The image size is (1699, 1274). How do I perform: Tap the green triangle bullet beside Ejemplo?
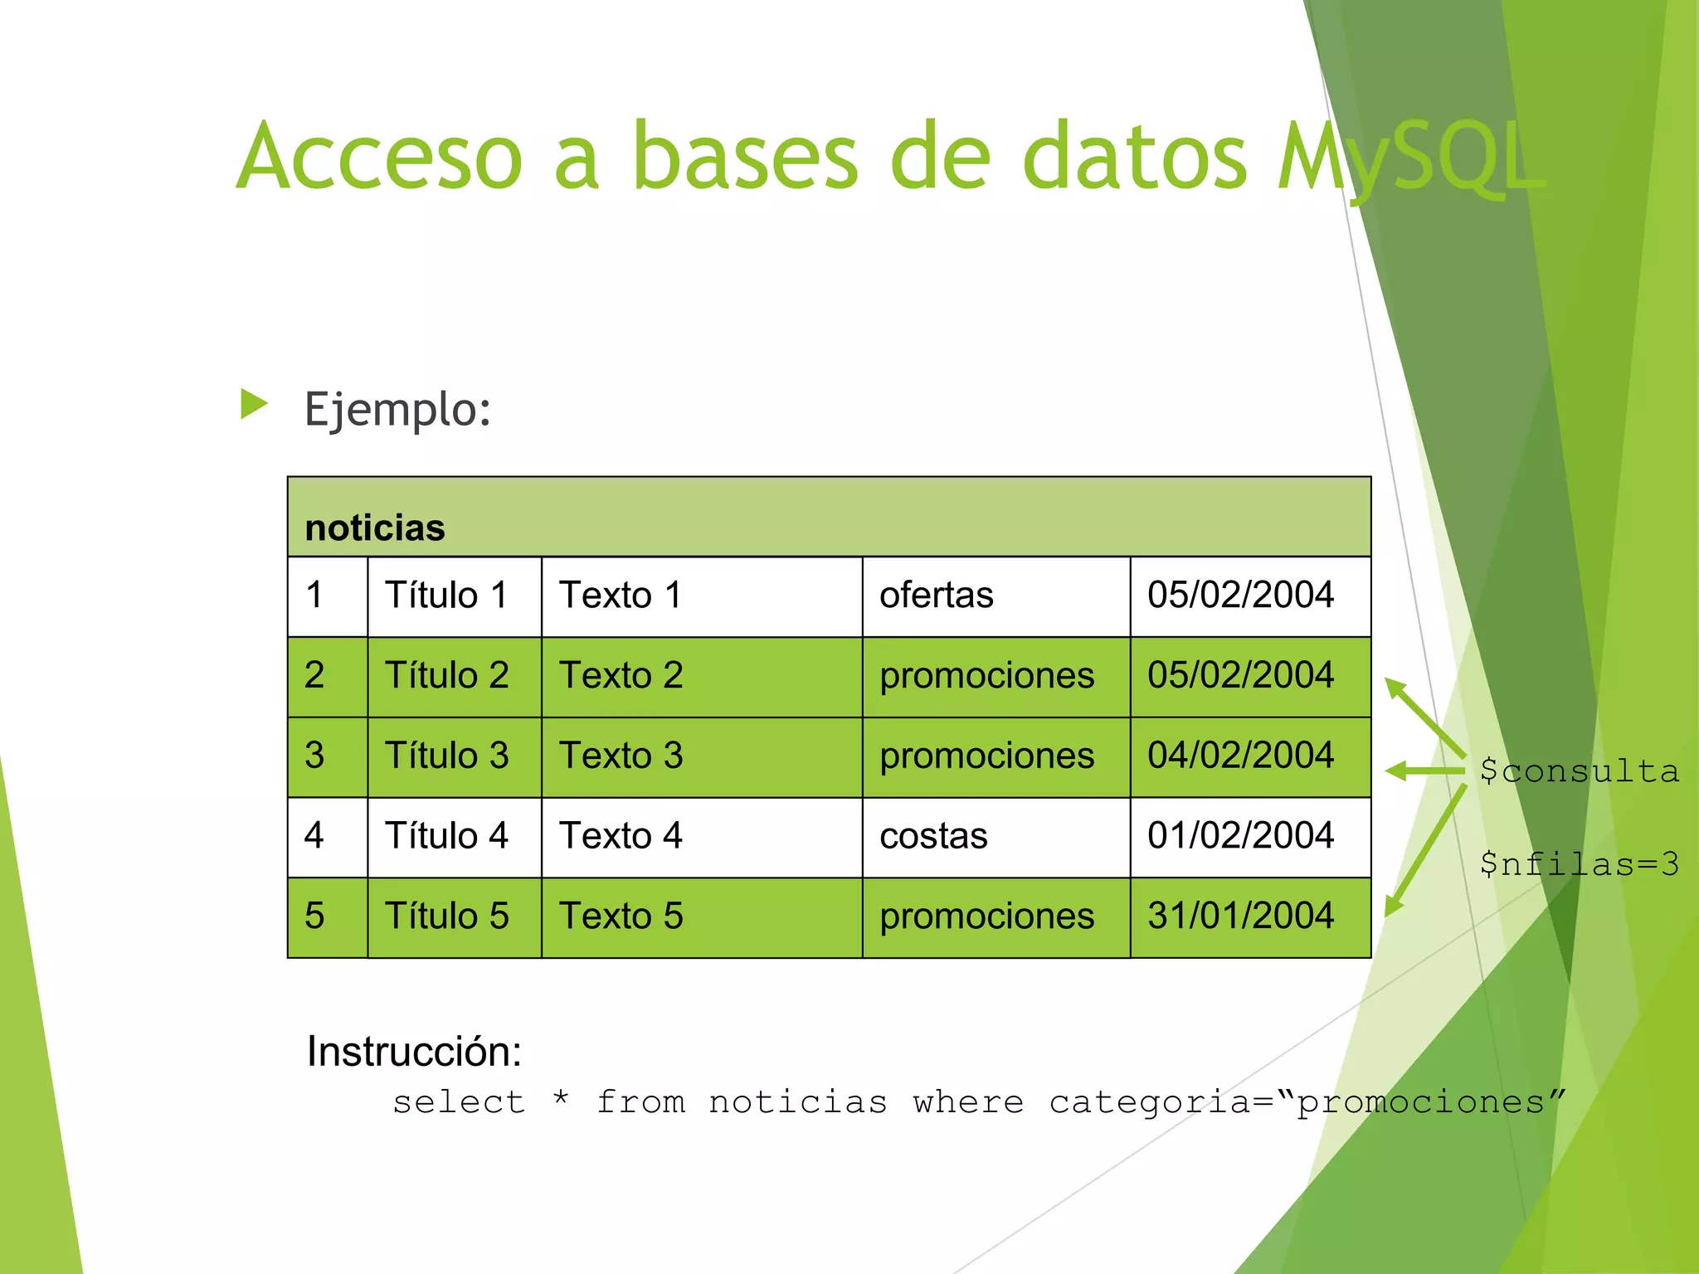[254, 404]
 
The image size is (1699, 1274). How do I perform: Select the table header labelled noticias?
[375, 528]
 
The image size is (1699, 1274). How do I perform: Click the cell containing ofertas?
[936, 595]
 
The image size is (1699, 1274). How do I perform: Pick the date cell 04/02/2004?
[1240, 756]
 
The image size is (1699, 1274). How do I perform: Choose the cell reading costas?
[933, 835]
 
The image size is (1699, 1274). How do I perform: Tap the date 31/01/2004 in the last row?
[1240, 916]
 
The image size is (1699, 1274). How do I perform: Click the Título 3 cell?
[446, 756]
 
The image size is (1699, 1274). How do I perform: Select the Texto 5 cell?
[621, 916]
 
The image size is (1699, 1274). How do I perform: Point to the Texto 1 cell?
[621, 595]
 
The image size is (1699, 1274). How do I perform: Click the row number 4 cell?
[314, 835]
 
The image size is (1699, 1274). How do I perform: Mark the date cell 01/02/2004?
[1240, 835]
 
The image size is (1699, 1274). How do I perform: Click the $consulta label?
[1579, 771]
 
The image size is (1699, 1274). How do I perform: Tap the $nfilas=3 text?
[1579, 864]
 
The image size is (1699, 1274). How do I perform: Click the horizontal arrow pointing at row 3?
[1423, 771]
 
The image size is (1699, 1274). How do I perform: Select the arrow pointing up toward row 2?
[1424, 717]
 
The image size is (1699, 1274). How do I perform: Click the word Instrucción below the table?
[414, 1052]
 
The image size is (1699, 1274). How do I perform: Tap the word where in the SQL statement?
[968, 1102]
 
